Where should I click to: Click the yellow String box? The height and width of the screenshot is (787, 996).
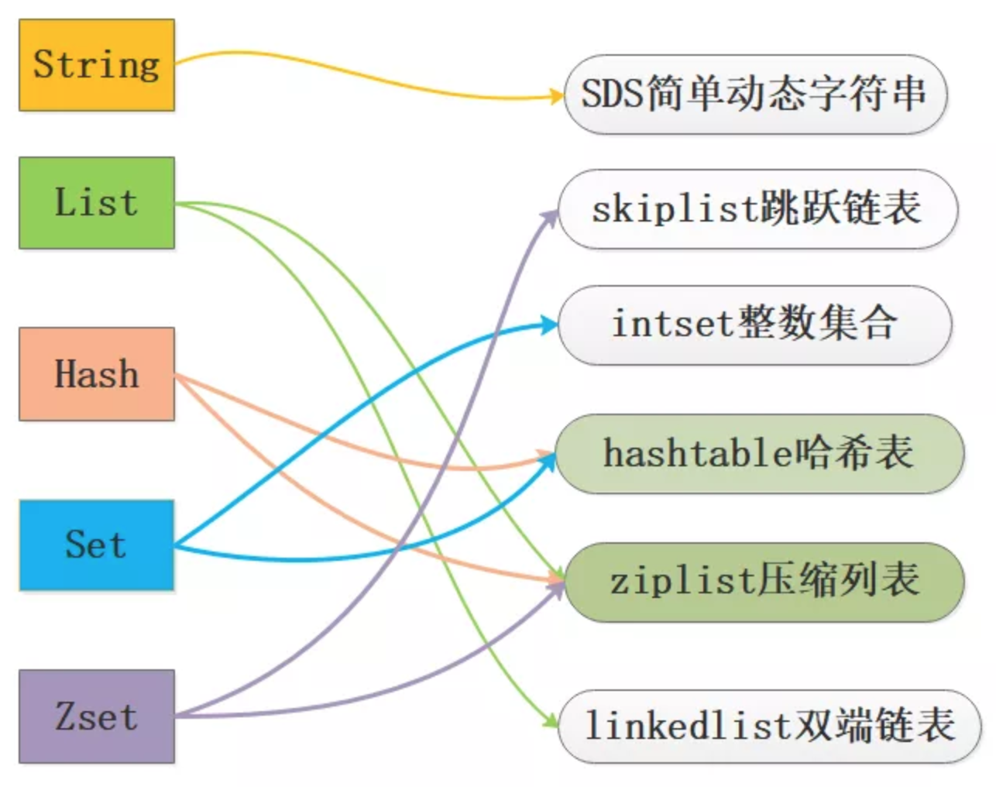pyautogui.click(x=97, y=65)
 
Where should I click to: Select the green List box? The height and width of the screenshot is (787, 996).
pyautogui.click(x=97, y=203)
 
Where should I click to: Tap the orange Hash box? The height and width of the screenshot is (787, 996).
pyautogui.click(x=97, y=374)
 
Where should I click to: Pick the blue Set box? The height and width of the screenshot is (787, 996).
pyautogui.click(x=97, y=545)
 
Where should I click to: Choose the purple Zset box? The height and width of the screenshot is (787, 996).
pyautogui.click(x=97, y=717)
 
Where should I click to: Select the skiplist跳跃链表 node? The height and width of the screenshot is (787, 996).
pyautogui.click(x=757, y=209)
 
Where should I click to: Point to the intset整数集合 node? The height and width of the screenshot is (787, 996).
pyautogui.click(x=754, y=325)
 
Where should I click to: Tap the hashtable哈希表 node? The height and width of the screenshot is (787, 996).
pyautogui.click(x=760, y=454)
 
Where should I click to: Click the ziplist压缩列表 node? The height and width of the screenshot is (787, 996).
pyautogui.click(x=764, y=582)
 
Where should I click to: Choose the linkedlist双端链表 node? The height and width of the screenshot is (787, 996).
pyautogui.click(x=769, y=727)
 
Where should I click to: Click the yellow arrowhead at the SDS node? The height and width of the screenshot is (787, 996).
pyautogui.click(x=557, y=96)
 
